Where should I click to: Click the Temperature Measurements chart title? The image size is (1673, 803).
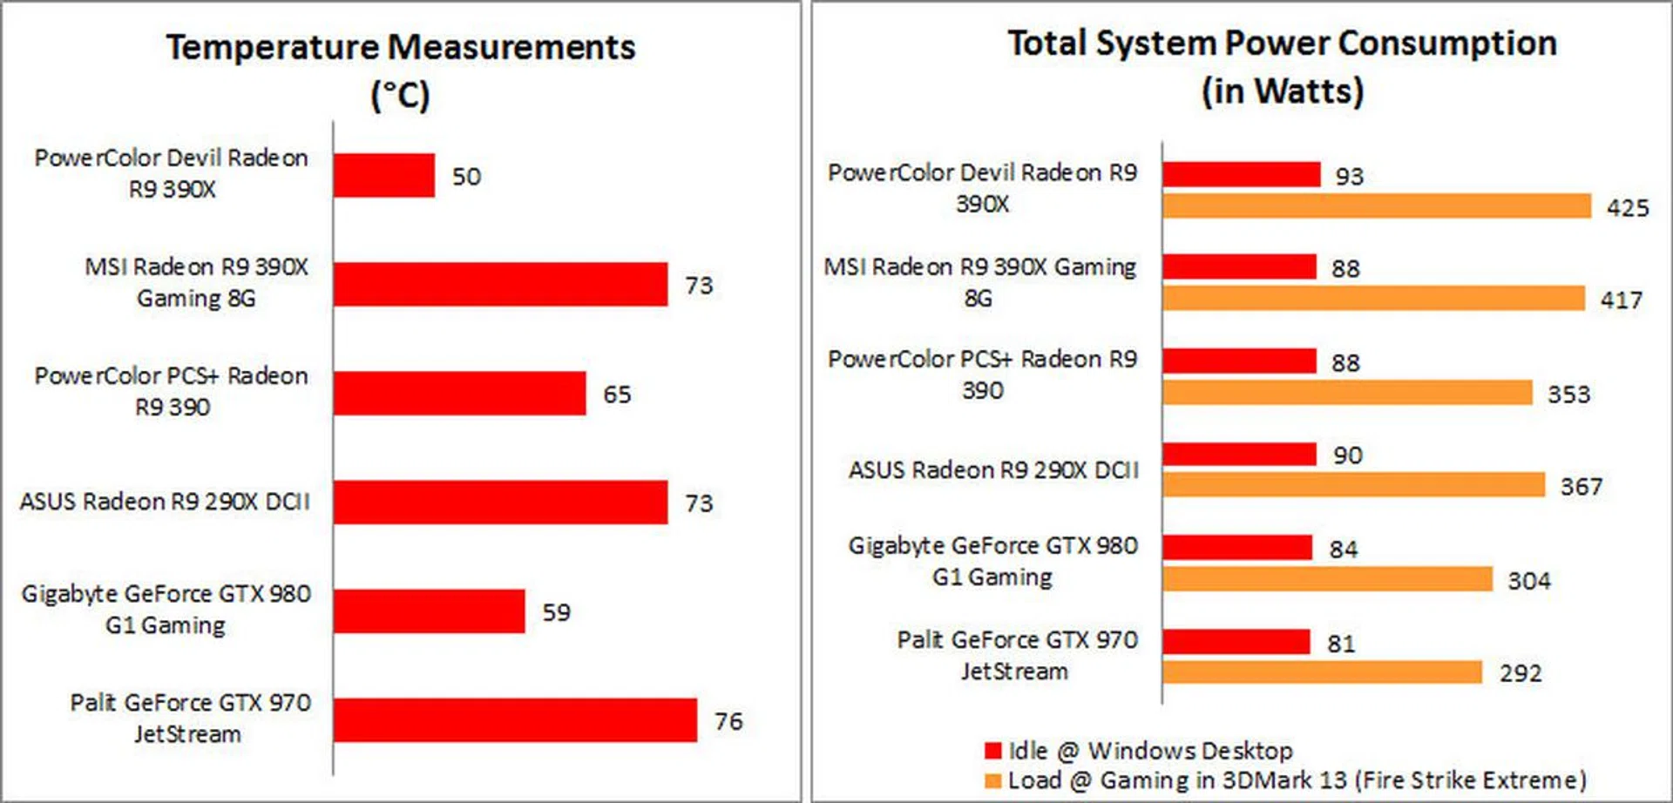coord(401,70)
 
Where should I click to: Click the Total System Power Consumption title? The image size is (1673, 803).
coord(1282,66)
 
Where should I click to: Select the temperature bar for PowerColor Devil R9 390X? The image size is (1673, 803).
coord(383,176)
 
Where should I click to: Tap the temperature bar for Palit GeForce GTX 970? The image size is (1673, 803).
coord(514,720)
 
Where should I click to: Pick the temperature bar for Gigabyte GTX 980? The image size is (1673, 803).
coord(429,611)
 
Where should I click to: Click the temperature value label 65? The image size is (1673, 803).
coord(617,395)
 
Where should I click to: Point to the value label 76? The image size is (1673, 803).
coord(728,721)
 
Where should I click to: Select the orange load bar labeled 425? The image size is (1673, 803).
coord(1377,206)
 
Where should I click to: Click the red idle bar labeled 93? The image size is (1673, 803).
coord(1241,174)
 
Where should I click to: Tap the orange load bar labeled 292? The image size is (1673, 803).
coord(1322,671)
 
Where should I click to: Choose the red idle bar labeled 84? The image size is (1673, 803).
coord(1236,547)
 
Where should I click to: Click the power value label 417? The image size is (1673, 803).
coord(1621,300)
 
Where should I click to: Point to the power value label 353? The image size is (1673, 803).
coord(1568,395)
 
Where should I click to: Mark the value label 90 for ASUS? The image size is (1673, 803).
coord(1347,455)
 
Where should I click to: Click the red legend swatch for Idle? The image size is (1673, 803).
coord(992,751)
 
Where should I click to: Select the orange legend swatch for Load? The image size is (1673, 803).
coord(992,780)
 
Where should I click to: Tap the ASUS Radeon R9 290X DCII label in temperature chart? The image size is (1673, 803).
coord(165,502)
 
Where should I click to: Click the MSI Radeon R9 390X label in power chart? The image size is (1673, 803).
coord(980,282)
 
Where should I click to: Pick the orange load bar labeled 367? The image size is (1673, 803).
coord(1353,485)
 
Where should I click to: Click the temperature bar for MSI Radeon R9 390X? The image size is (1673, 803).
coord(500,285)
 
